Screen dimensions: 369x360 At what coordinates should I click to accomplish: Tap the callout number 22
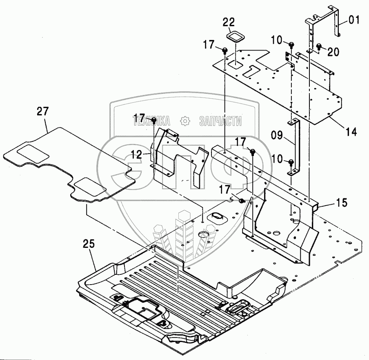(x=229, y=22)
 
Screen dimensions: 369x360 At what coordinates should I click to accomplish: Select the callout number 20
(x=333, y=52)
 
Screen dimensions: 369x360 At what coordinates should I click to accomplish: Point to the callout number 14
(x=351, y=131)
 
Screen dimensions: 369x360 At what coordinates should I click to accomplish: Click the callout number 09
(x=276, y=135)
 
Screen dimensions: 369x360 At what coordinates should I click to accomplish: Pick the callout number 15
(x=342, y=202)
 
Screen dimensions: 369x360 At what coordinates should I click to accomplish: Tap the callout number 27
(x=42, y=111)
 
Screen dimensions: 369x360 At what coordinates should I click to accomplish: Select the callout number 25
(x=89, y=244)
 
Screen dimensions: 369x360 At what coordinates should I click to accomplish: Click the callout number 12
(x=136, y=155)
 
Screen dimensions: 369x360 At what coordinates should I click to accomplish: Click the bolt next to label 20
(x=319, y=46)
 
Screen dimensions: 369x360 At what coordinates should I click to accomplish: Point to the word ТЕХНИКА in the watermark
(x=152, y=121)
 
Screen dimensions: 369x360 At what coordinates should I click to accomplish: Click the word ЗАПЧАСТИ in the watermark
(x=220, y=121)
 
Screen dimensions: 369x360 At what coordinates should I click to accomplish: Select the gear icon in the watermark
(x=185, y=121)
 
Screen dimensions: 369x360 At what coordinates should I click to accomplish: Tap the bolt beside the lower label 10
(x=291, y=163)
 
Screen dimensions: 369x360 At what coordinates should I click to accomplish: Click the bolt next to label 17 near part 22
(x=225, y=50)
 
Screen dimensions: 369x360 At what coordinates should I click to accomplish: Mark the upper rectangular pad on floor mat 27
(x=33, y=153)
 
